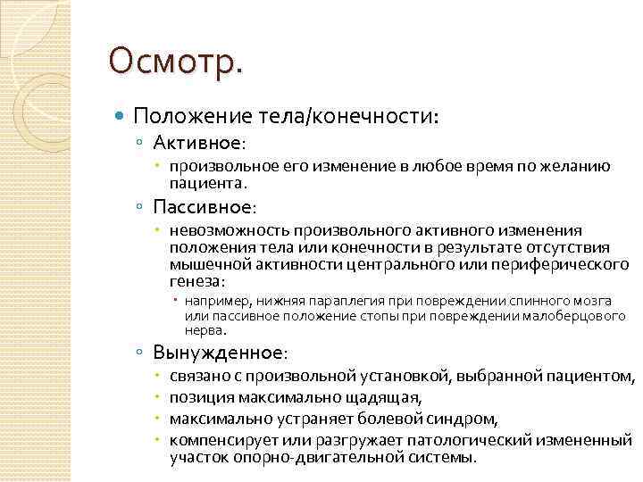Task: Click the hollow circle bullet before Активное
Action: coord(141,143)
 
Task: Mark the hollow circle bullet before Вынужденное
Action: coord(141,353)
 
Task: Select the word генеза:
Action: coord(194,281)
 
